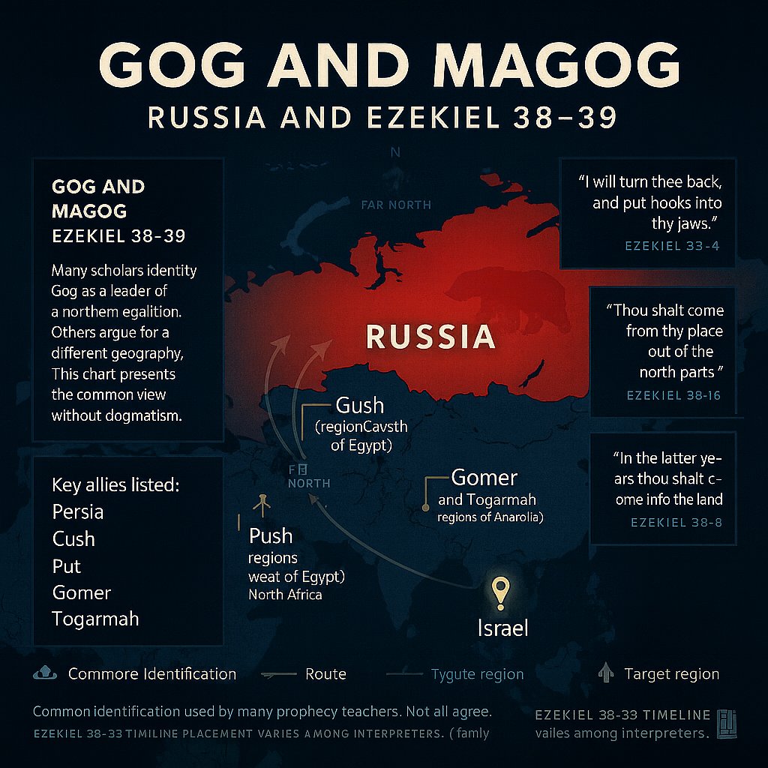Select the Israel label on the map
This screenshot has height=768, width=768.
click(x=502, y=627)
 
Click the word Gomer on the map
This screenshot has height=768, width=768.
click(x=484, y=478)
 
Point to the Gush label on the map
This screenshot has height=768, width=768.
click(x=360, y=406)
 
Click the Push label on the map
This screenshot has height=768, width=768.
click(x=271, y=535)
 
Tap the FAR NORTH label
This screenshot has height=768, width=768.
click(x=395, y=205)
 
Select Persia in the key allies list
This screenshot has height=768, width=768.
click(x=78, y=511)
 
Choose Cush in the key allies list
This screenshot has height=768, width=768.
click(x=73, y=538)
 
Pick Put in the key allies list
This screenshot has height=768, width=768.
click(x=67, y=565)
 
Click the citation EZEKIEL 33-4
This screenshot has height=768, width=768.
click(x=672, y=245)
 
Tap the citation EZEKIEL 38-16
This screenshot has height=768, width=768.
click(x=673, y=394)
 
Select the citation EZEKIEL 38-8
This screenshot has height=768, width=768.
click(x=676, y=522)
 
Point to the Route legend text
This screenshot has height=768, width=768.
click(x=325, y=673)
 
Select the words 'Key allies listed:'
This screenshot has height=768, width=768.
click(x=115, y=484)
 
